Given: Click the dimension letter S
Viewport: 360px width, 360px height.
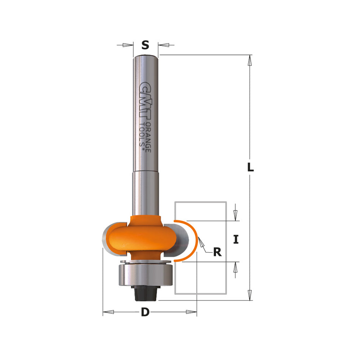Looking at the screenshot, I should click(145, 45).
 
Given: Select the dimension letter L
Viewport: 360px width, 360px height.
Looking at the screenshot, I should click(250, 167).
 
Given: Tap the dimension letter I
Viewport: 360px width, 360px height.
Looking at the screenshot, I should click(236, 240).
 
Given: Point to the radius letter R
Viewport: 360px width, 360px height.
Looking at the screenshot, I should click(217, 252).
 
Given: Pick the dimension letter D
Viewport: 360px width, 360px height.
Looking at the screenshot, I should click(145, 312).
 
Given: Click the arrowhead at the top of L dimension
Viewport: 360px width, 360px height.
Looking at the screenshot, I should click(250, 59).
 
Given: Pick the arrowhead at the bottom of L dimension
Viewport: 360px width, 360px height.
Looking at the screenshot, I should click(250, 296).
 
